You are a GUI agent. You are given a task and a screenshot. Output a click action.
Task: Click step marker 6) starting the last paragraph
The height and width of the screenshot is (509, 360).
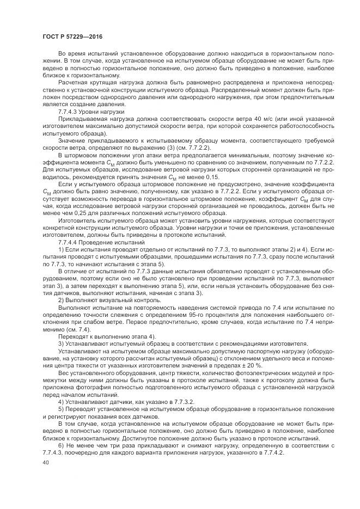60,445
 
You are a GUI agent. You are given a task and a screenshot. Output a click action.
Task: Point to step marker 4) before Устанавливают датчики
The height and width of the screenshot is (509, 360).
60,401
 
